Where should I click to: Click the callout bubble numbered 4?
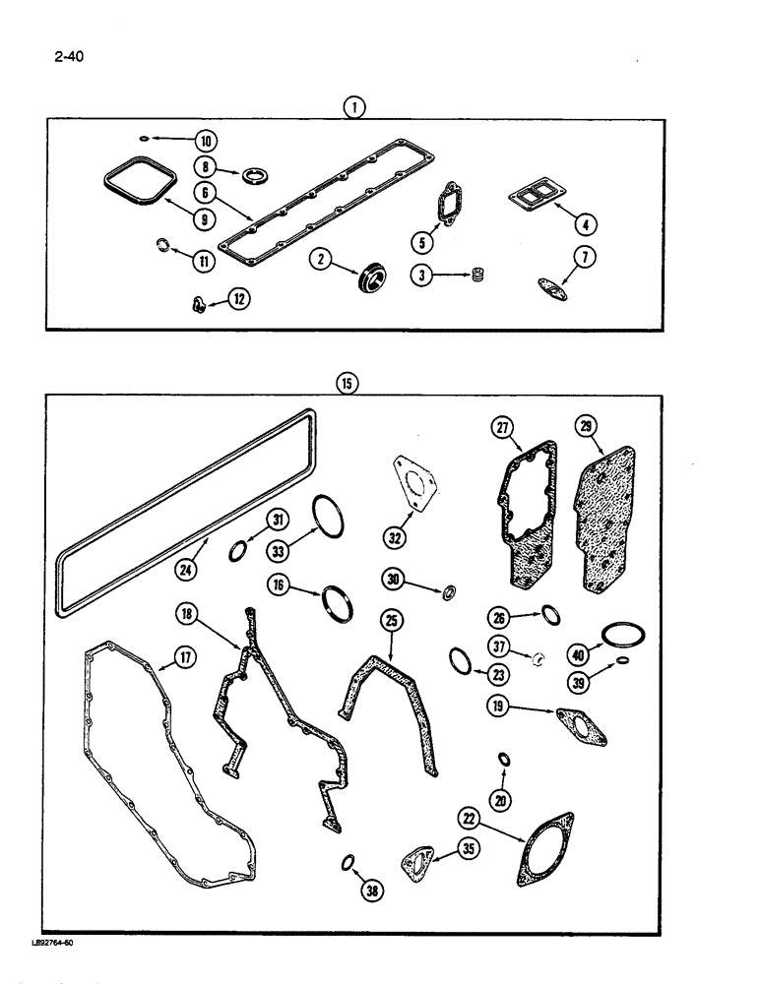pos(587,223)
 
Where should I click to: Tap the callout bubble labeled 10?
pos(180,140)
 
